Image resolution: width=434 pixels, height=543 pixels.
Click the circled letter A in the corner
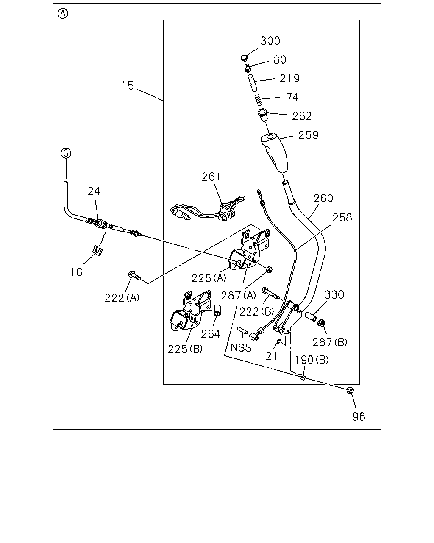[63, 14]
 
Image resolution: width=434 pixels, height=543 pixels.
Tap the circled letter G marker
[66, 153]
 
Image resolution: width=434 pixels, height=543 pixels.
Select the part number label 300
[270, 41]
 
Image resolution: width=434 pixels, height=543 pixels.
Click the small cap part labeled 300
[244, 58]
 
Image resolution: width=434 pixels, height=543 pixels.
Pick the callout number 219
[290, 78]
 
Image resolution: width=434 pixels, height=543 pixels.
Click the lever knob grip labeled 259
[275, 153]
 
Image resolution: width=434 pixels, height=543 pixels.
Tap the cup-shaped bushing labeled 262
[262, 115]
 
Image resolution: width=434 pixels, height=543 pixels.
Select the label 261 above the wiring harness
[211, 176]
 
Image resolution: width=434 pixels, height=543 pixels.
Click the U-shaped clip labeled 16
[97, 250]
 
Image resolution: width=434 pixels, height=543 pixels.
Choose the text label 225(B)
[185, 349]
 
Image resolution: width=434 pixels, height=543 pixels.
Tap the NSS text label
[241, 348]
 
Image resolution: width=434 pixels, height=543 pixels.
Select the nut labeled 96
[350, 390]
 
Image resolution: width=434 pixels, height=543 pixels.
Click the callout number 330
[334, 294]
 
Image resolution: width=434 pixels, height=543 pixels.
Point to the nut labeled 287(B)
[321, 322]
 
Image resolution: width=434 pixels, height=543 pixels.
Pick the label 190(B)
[312, 360]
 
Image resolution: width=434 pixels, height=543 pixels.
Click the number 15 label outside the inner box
[128, 86]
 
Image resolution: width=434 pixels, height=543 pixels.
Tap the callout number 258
[342, 218]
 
